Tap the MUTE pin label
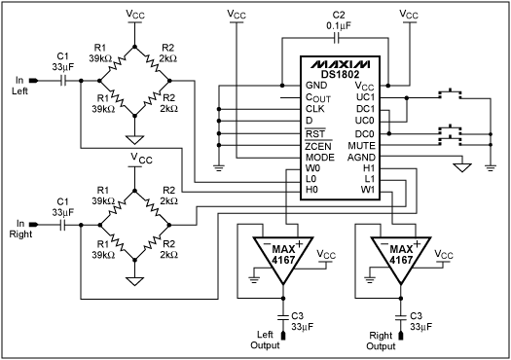click(x=361, y=144)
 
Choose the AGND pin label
click(x=360, y=157)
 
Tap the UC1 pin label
click(x=365, y=97)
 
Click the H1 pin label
click(x=369, y=168)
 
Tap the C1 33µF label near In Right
click(x=63, y=206)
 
